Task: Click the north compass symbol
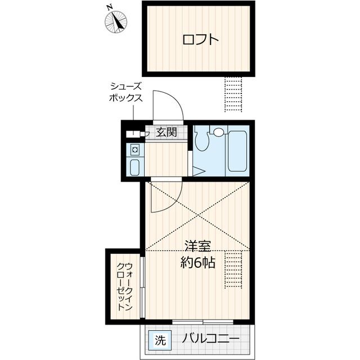coord(116,21)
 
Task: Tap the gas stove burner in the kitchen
coord(135,150)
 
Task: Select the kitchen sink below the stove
coord(135,167)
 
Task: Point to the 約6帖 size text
coord(199,263)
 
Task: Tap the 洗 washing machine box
coord(160,340)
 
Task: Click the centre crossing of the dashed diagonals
coord(197,216)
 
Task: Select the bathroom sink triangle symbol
coord(197,171)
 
